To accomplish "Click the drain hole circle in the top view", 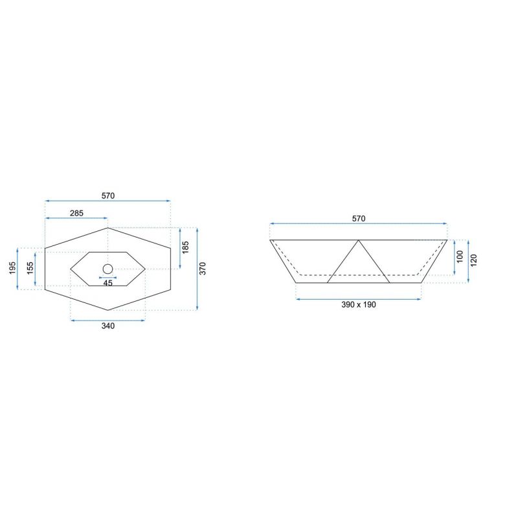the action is [x=107, y=269].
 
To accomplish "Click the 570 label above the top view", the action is [x=108, y=196].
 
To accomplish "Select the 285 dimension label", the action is [x=76, y=213].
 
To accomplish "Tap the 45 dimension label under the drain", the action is [x=108, y=283].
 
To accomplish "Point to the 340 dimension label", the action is [x=108, y=326].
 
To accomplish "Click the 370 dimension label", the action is [x=203, y=268].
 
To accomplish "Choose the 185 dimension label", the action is [x=186, y=247].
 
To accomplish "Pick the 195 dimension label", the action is [x=12, y=268].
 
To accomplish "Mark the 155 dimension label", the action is [x=30, y=268].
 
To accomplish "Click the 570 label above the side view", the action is [x=359, y=219].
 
